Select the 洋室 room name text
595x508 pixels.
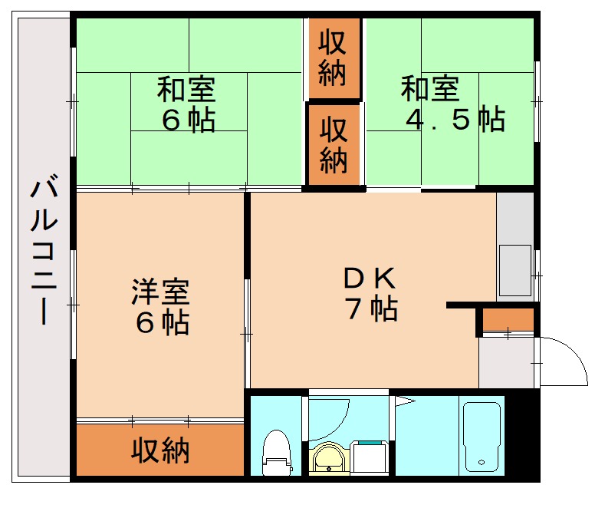[159, 292]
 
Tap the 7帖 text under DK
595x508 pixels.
[370, 308]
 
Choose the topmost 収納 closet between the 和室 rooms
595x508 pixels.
[333, 57]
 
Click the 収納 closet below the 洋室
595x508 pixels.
[159, 450]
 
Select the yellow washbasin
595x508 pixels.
[330, 459]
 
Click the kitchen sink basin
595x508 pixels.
[514, 269]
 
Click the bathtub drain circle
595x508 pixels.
[481, 463]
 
